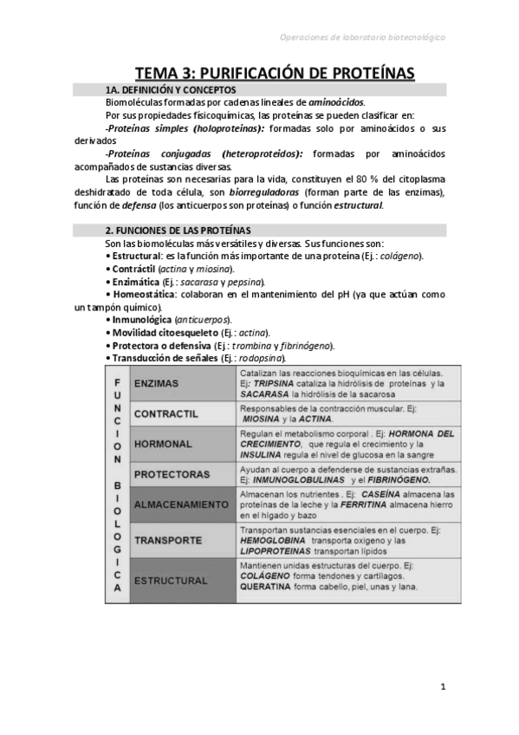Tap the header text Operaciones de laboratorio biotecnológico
click(x=364, y=37)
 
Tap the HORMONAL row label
click(x=164, y=442)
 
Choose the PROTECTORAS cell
click(x=172, y=474)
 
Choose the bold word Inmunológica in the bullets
click(x=143, y=320)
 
